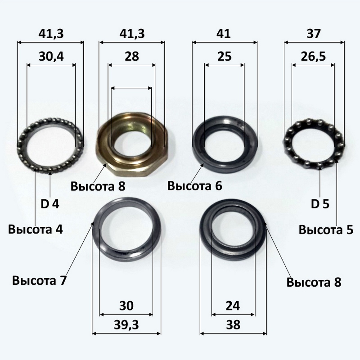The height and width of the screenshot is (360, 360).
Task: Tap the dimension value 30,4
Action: point(51,57)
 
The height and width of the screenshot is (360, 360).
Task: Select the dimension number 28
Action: point(132,57)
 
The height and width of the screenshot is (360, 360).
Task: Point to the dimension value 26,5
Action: point(313,57)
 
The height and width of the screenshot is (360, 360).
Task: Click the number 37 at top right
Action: point(314,34)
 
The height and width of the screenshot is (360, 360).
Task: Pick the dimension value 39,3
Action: point(126,325)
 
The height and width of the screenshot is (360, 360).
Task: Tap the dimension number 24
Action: point(233,306)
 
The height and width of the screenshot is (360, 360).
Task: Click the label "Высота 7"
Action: point(39,280)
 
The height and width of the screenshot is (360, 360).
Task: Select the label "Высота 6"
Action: point(195,186)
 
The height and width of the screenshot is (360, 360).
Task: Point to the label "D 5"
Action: point(320,204)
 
